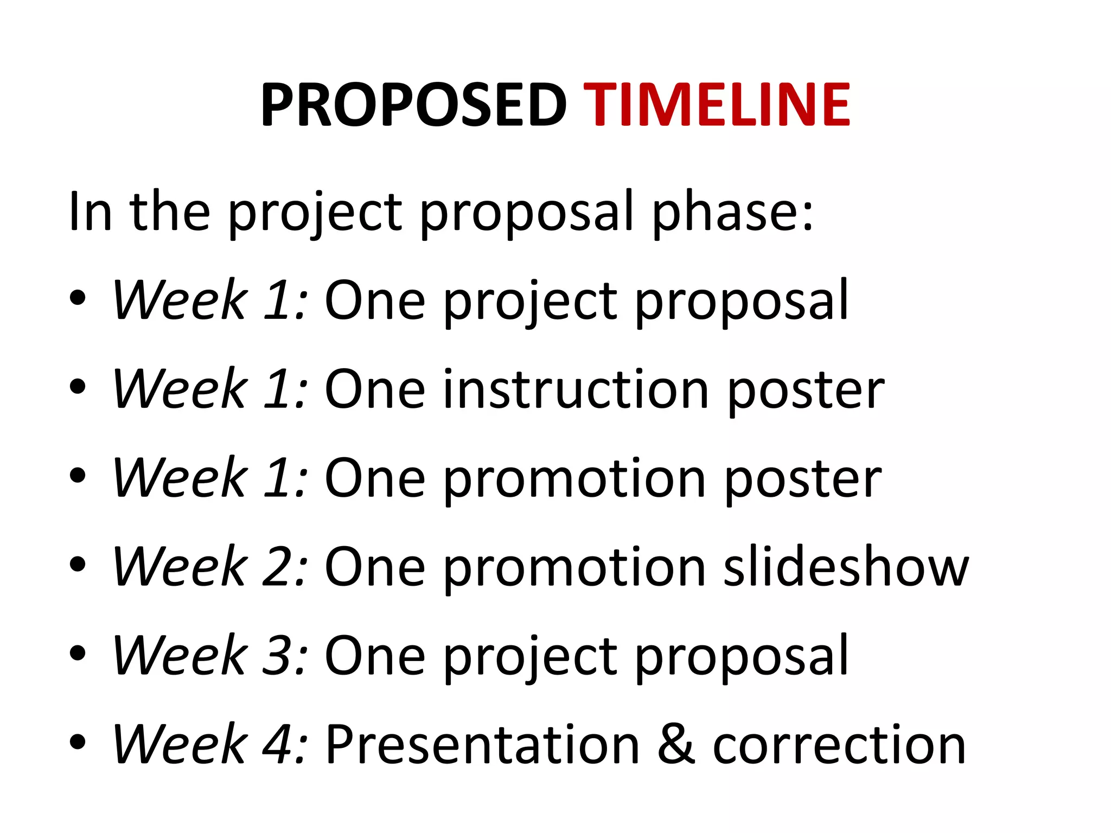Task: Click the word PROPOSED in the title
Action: tap(413, 105)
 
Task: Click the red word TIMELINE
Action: tap(719, 105)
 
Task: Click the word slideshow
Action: tap(846, 567)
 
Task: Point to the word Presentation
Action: tap(483, 745)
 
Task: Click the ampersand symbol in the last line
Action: tap(676, 745)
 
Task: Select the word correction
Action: tap(839, 746)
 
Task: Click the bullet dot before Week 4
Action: tap(78, 741)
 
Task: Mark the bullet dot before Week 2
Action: tap(78, 564)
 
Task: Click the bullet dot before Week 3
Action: tap(78, 653)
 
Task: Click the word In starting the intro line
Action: tap(90, 212)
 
